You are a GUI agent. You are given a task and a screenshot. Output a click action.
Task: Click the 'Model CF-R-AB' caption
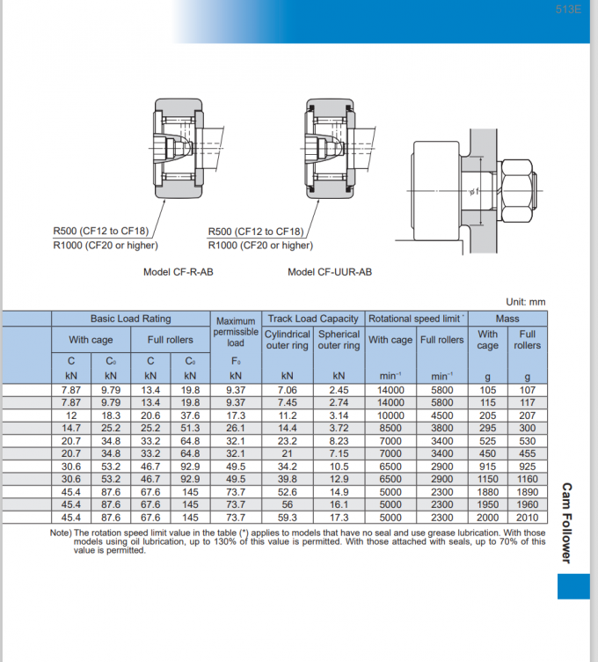tap(179, 272)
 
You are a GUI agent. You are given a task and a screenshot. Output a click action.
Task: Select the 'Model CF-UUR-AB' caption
tap(329, 272)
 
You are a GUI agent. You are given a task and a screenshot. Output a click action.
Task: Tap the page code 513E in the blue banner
tap(569, 10)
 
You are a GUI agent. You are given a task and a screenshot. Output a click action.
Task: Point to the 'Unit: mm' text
tap(525, 302)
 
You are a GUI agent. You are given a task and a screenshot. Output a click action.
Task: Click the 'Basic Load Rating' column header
tap(131, 319)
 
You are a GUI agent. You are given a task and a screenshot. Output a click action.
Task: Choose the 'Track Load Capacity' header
tap(313, 319)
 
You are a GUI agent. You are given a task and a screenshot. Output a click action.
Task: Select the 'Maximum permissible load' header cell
tap(236, 332)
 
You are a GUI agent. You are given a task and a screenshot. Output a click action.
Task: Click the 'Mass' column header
tap(507, 319)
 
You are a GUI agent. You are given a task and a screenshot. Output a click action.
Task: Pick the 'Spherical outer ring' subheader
tap(339, 340)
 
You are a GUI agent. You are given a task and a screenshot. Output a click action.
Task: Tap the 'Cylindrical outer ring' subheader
tap(288, 340)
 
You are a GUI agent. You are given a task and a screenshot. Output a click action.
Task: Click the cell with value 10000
tap(390, 415)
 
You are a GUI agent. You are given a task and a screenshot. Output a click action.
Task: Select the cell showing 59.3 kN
tap(288, 518)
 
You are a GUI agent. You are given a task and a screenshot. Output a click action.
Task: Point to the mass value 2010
tap(528, 518)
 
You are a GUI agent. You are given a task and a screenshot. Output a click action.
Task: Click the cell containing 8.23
tap(339, 440)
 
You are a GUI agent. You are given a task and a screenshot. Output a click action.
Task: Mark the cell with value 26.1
tap(236, 428)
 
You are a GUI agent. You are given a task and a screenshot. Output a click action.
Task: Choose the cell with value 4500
tap(441, 415)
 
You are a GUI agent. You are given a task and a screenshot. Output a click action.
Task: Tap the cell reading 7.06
tap(288, 389)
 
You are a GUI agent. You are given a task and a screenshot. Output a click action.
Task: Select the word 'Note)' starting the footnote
tap(61, 533)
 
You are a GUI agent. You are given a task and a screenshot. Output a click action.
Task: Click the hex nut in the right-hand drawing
tap(520, 188)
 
